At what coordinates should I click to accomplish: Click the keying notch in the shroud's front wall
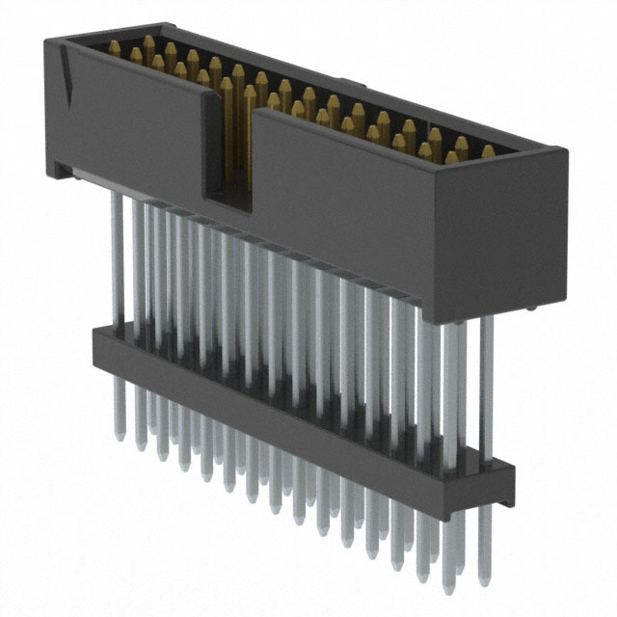228,145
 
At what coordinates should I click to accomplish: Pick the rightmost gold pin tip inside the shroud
488,151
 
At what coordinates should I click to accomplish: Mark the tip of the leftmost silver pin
120,437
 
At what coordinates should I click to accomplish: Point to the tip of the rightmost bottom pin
472,592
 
